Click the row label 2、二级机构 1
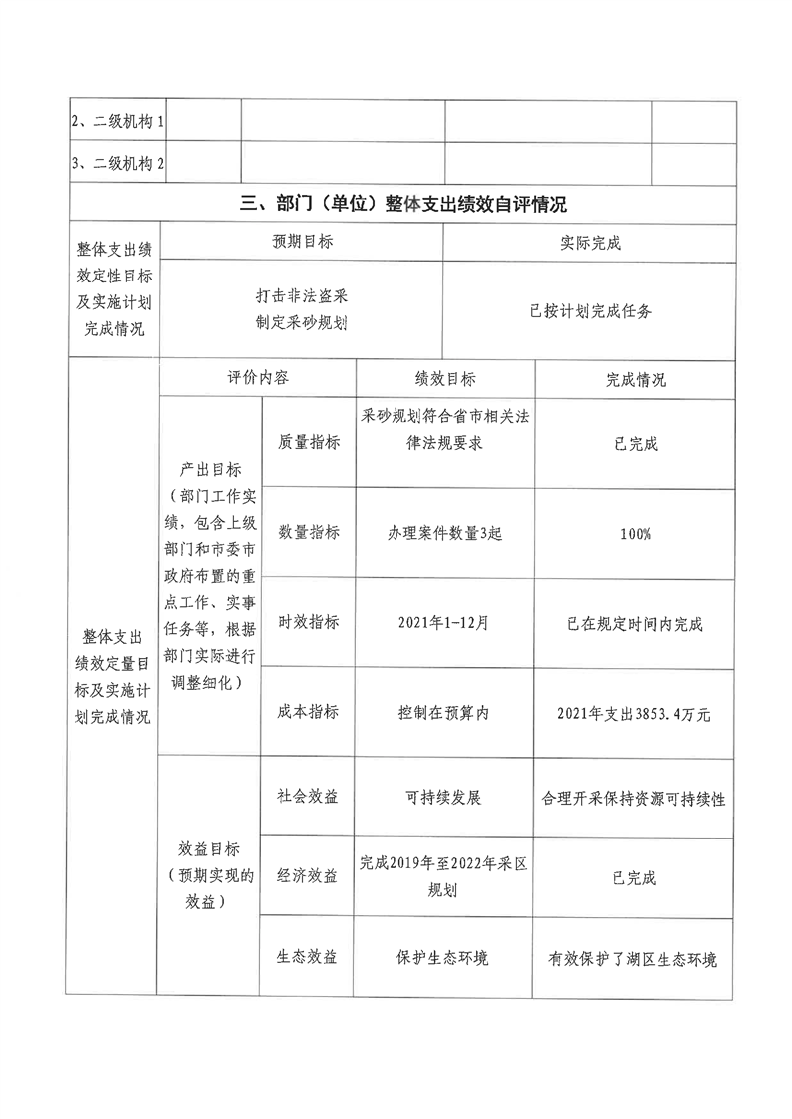117,122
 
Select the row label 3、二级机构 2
117,163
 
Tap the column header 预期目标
302,243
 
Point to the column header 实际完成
590,243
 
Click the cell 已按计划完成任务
590,311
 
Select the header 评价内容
258,379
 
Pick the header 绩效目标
445,379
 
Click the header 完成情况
636,380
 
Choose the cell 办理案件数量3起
445,533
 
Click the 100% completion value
636,534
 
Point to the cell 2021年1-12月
445,624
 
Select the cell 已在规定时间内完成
636,624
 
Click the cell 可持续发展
445,798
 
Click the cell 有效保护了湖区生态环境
636,958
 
